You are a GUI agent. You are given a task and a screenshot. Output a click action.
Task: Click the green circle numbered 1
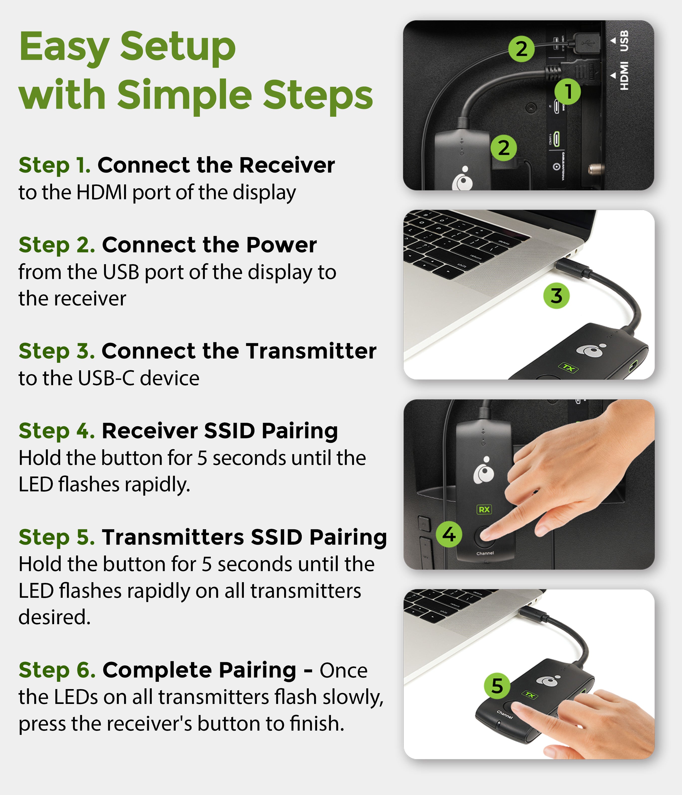point(567,91)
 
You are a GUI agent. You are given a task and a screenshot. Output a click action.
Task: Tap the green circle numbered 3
point(556,296)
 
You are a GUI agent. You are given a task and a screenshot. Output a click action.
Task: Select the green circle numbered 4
point(449,534)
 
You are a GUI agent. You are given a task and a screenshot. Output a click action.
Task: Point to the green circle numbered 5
point(497,686)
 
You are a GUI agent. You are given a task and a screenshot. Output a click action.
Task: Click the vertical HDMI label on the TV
point(624,76)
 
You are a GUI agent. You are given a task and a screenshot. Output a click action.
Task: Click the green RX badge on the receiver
point(484,509)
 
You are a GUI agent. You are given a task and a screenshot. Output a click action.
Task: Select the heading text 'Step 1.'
point(55,165)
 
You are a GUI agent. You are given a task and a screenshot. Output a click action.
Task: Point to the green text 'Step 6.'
point(57,670)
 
